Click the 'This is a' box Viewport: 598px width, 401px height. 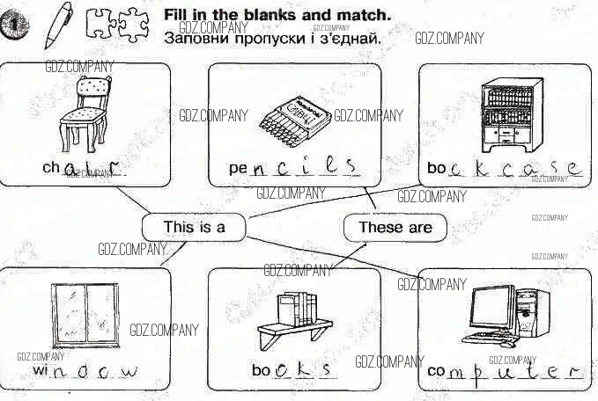[194, 227]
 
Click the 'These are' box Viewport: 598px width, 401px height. [395, 227]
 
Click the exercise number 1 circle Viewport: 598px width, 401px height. [14, 29]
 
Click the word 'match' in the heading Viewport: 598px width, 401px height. [365, 15]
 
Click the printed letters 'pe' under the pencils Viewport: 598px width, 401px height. [237, 167]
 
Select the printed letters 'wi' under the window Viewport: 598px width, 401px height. [41, 371]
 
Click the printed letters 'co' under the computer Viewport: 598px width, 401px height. [436, 371]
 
